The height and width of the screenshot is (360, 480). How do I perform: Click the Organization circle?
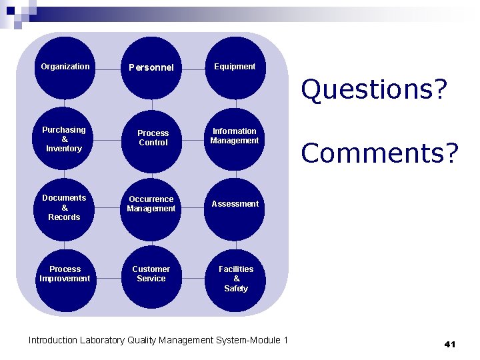(x=65, y=67)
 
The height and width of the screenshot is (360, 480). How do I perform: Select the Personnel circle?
(x=151, y=67)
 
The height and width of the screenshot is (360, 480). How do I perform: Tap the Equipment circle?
(x=235, y=67)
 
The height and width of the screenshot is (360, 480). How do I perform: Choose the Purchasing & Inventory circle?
(x=65, y=139)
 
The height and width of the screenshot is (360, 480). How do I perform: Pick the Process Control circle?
(x=152, y=139)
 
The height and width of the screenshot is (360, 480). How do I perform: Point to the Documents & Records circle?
(x=65, y=208)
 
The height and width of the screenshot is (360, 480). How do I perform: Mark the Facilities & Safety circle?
(x=235, y=279)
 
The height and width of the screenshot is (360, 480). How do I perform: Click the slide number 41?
(x=449, y=344)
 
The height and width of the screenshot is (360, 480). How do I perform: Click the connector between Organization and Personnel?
(x=108, y=67)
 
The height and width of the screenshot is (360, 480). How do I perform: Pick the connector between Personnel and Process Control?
(x=152, y=103)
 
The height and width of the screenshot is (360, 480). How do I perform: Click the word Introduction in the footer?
(x=53, y=341)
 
